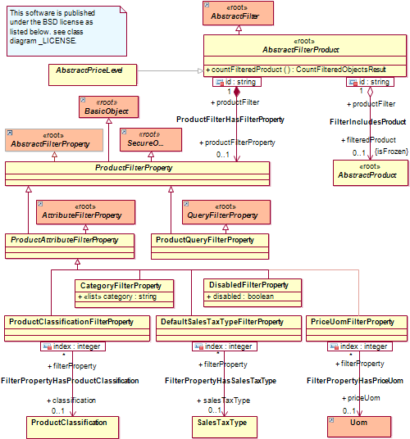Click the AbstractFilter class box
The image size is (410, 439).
pyautogui.click(x=238, y=13)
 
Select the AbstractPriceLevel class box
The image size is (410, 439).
pyautogui.click(x=93, y=75)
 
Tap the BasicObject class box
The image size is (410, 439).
pyautogui.click(x=109, y=107)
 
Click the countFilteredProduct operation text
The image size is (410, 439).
pyautogui.click(x=296, y=70)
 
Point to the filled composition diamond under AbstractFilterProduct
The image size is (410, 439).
pyautogui.click(x=237, y=92)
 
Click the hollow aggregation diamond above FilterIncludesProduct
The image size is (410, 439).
pyautogui.click(x=370, y=92)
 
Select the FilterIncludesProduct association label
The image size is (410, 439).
pyautogui.click(x=367, y=122)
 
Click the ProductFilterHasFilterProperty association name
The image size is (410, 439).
pyautogui.click(x=230, y=120)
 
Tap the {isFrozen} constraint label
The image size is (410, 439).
pyautogui.click(x=391, y=152)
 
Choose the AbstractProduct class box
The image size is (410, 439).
pyautogui.click(x=371, y=173)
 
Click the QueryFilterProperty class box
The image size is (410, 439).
pyautogui.click(x=226, y=212)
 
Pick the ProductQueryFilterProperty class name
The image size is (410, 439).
pyautogui.click(x=205, y=240)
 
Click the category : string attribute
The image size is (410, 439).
pyautogui.click(x=117, y=296)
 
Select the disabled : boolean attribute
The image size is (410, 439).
pyautogui.click(x=240, y=296)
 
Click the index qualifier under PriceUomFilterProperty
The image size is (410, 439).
pyautogui.click(x=360, y=346)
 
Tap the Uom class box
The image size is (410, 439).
pyautogui.click(x=359, y=427)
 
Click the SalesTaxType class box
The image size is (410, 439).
pyautogui.click(x=225, y=427)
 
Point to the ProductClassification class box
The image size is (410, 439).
pyautogui.click(x=73, y=428)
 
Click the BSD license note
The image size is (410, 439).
pyautogui.click(x=66, y=31)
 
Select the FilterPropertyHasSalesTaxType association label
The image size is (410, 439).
pyautogui.click(x=221, y=381)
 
